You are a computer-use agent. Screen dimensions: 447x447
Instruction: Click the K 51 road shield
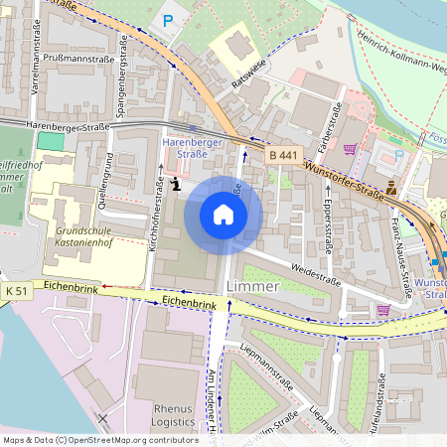pos(15,289)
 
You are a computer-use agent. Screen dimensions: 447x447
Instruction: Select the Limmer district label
pos(253,285)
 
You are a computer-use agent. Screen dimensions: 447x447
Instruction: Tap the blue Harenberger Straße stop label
pos(192,148)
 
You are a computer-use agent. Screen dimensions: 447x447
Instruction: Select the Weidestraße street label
pos(316,268)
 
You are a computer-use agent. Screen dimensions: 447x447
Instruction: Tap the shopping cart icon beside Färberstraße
pos(349,150)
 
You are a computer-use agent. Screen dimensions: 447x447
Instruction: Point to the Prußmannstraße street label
pos(79,59)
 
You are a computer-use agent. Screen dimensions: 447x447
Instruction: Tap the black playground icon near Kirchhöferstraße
pos(176,183)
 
